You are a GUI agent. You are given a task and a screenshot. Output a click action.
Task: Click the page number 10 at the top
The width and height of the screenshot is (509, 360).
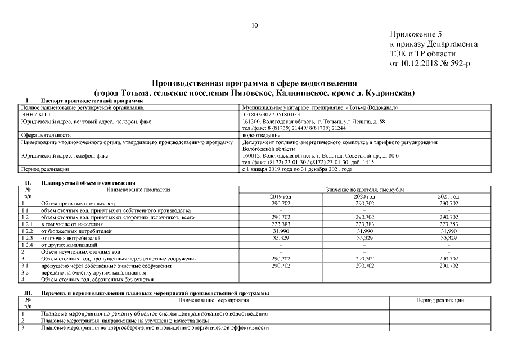point(254,25)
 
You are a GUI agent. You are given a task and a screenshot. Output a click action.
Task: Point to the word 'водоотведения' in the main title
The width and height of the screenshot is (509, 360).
point(328,83)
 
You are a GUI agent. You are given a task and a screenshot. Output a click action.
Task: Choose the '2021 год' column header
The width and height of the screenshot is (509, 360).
point(448,196)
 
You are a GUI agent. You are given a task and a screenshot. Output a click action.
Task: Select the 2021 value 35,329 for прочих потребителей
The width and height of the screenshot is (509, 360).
point(448,238)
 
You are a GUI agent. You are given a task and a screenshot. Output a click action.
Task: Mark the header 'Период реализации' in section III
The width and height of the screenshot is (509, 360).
point(440,301)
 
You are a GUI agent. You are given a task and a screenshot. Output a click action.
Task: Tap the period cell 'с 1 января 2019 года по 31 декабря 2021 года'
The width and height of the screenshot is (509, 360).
point(297,169)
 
